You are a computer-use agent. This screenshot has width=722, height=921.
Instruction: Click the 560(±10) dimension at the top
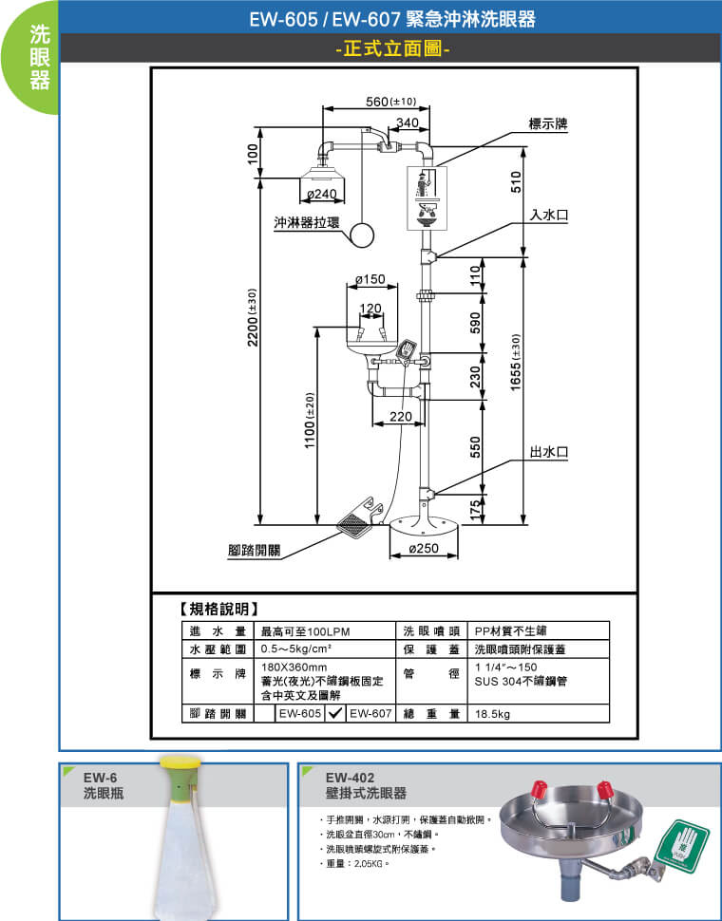coord(390,102)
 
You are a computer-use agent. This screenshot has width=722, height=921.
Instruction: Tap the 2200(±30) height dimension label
coord(253,318)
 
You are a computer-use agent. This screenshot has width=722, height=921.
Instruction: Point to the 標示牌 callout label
coord(547,124)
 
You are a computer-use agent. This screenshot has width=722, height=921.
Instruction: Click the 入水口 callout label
coord(549,216)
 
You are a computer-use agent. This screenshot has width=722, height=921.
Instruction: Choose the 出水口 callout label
coord(549,451)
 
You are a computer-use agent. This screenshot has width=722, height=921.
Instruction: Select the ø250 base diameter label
coord(423,549)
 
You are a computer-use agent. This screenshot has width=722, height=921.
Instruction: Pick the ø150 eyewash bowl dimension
coord(370,279)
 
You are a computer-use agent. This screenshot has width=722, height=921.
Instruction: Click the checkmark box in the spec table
coord(334,713)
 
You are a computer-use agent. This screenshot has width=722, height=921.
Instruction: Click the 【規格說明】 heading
coord(218,608)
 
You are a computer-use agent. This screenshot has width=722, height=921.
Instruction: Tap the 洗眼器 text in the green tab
coord(39,57)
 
